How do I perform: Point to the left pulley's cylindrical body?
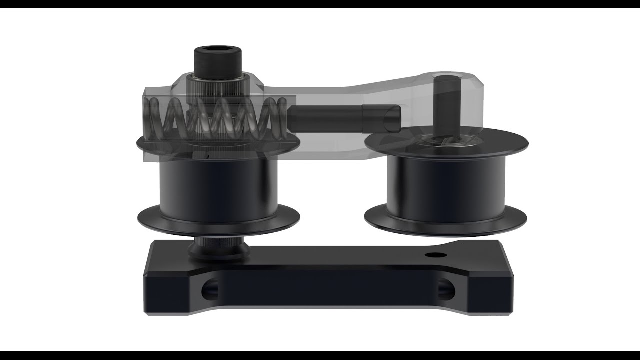pos(218,185)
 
